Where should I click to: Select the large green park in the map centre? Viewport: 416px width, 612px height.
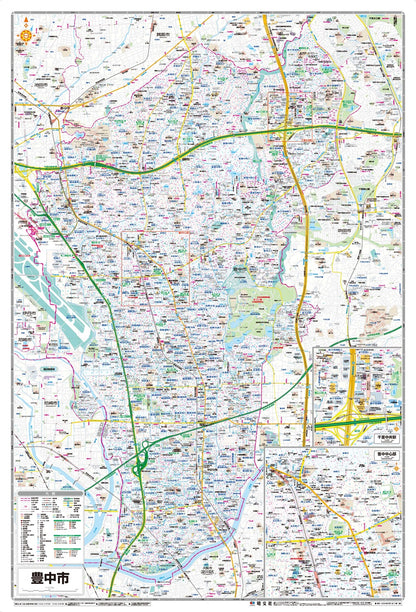(x=262, y=305)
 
